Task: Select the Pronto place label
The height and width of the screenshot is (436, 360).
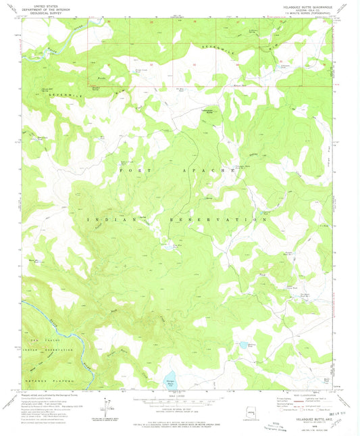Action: (102, 78)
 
